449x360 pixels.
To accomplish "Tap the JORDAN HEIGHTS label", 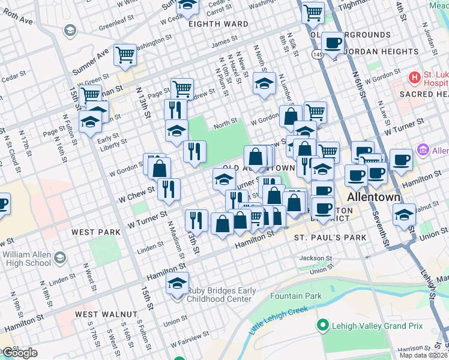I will (372, 52).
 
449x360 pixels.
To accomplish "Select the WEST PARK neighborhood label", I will (92, 232).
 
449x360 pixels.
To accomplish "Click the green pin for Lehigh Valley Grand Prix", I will (322, 326).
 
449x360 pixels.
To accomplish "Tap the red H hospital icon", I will (414, 77).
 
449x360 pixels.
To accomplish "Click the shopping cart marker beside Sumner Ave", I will (125, 55).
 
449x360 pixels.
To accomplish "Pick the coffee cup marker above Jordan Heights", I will (333, 43).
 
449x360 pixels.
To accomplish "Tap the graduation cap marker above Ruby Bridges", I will (177, 283).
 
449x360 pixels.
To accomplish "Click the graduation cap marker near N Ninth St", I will (264, 84).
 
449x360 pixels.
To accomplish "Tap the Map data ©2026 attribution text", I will (423, 355).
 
